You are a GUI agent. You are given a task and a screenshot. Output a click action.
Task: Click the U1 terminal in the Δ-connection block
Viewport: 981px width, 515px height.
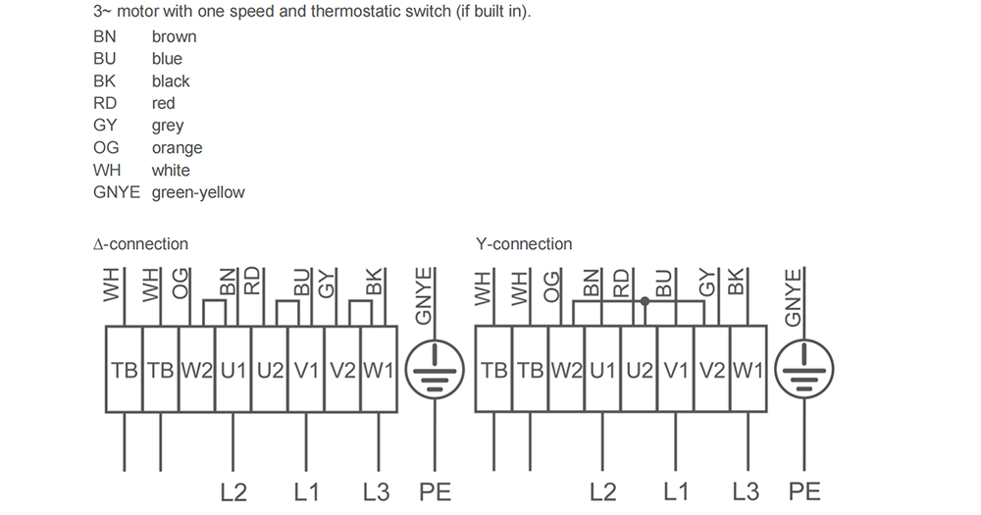pos(233,369)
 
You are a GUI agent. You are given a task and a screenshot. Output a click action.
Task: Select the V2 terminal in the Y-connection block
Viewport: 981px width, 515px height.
pos(712,369)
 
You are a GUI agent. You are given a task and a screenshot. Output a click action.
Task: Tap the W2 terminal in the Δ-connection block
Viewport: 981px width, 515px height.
pos(197,369)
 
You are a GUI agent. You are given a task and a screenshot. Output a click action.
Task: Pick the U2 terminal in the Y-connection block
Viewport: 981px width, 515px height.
pos(640,369)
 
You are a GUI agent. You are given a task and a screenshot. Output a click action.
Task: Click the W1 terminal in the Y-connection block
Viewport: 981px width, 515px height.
pos(749,369)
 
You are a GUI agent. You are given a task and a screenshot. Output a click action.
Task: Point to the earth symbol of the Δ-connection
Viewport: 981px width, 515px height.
pos(435,369)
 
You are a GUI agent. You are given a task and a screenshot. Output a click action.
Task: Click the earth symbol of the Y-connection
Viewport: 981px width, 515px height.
pos(804,369)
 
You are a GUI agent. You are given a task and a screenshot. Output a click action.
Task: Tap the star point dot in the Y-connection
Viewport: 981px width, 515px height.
pos(645,301)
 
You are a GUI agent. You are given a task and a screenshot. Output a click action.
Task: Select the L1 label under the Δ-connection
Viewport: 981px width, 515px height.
pos(306,491)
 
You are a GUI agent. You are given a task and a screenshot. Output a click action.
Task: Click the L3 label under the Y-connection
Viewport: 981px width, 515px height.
pos(746,491)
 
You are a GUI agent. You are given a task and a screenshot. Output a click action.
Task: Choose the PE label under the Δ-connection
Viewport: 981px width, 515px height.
pos(435,491)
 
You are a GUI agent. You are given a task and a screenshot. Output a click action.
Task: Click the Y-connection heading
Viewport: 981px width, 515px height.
pos(524,243)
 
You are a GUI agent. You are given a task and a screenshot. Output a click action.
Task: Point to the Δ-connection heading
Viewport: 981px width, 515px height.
pos(140,243)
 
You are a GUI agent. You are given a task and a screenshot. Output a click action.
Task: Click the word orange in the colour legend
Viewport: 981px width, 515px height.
pos(177,148)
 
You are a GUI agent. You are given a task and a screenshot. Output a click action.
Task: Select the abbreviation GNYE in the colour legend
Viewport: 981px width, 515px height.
pos(117,192)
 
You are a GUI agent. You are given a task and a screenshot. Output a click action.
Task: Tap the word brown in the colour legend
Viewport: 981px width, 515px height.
pos(174,36)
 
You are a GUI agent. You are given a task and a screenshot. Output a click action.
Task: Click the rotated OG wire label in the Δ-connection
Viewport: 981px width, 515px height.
pos(181,283)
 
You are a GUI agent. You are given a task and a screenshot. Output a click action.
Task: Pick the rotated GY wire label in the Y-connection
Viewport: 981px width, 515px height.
pos(706,282)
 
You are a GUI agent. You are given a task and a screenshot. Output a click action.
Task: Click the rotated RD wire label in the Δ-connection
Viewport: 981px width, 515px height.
pos(251,281)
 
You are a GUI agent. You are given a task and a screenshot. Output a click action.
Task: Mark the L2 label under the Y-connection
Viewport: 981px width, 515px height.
pos(602,491)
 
